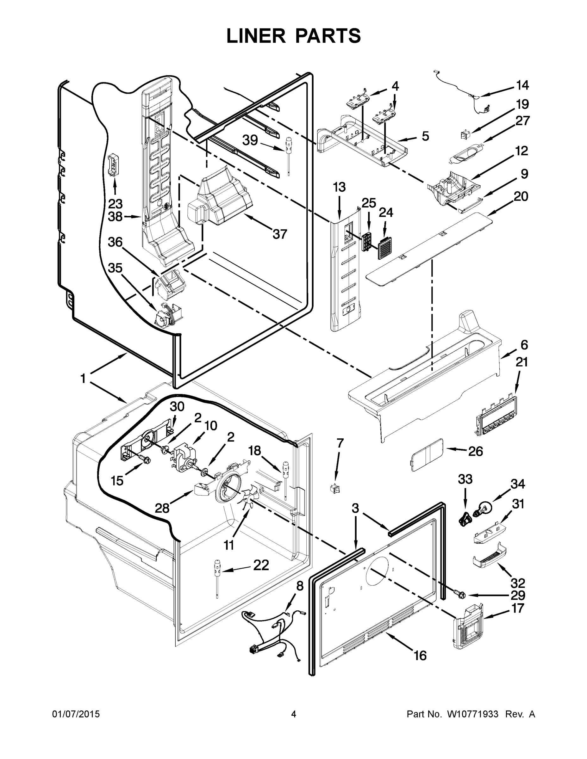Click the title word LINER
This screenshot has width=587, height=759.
(256, 36)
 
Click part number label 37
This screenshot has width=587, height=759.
(280, 234)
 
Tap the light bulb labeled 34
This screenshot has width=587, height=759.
(485, 508)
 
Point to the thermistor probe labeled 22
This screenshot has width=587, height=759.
(217, 577)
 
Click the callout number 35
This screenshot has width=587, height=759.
(115, 268)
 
